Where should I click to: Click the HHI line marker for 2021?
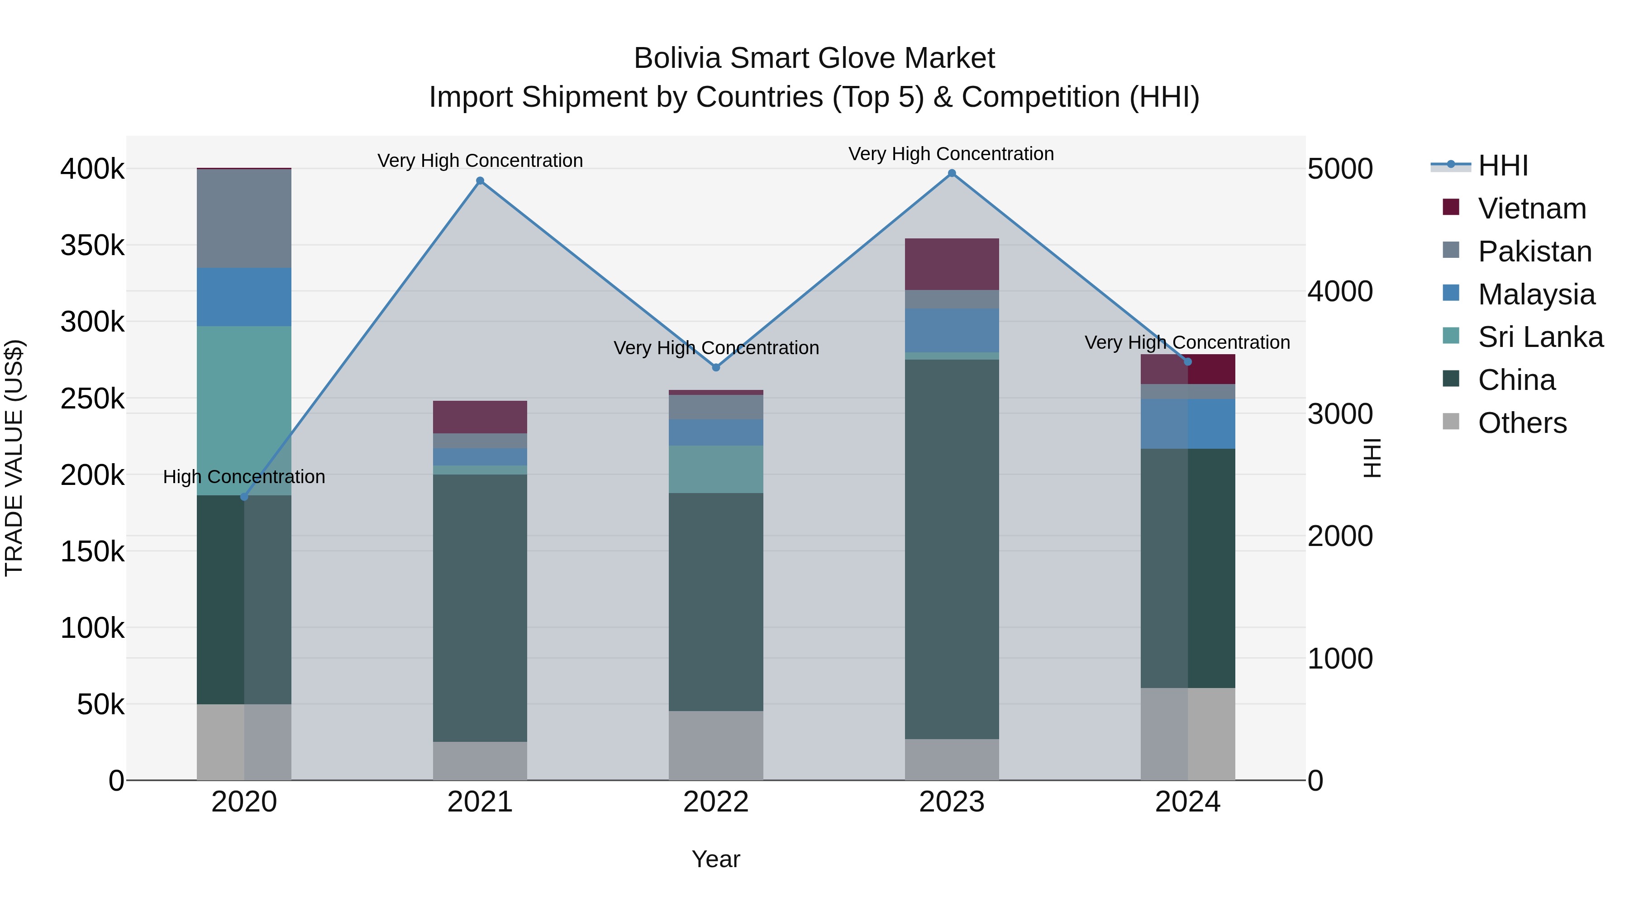coord(480,181)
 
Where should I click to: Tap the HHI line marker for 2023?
coord(952,173)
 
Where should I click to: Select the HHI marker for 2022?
coord(716,367)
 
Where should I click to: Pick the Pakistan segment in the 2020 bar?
coord(244,218)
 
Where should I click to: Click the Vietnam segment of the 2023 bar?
coord(952,264)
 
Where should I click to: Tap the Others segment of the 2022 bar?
coord(716,745)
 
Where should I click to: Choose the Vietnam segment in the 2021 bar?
coord(480,417)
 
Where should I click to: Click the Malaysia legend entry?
coord(1535,294)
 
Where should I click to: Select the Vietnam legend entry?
coord(1531,209)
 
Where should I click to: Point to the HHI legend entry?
coord(1502,166)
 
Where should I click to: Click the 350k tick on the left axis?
coord(92,245)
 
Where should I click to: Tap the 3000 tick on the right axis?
coord(1340,414)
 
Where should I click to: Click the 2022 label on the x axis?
coord(716,802)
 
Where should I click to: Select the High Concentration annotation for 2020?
coord(244,477)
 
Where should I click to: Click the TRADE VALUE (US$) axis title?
coord(14,458)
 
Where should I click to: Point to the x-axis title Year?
coord(716,859)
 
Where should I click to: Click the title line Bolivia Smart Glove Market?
coord(814,58)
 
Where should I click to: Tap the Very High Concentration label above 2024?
coord(1187,342)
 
